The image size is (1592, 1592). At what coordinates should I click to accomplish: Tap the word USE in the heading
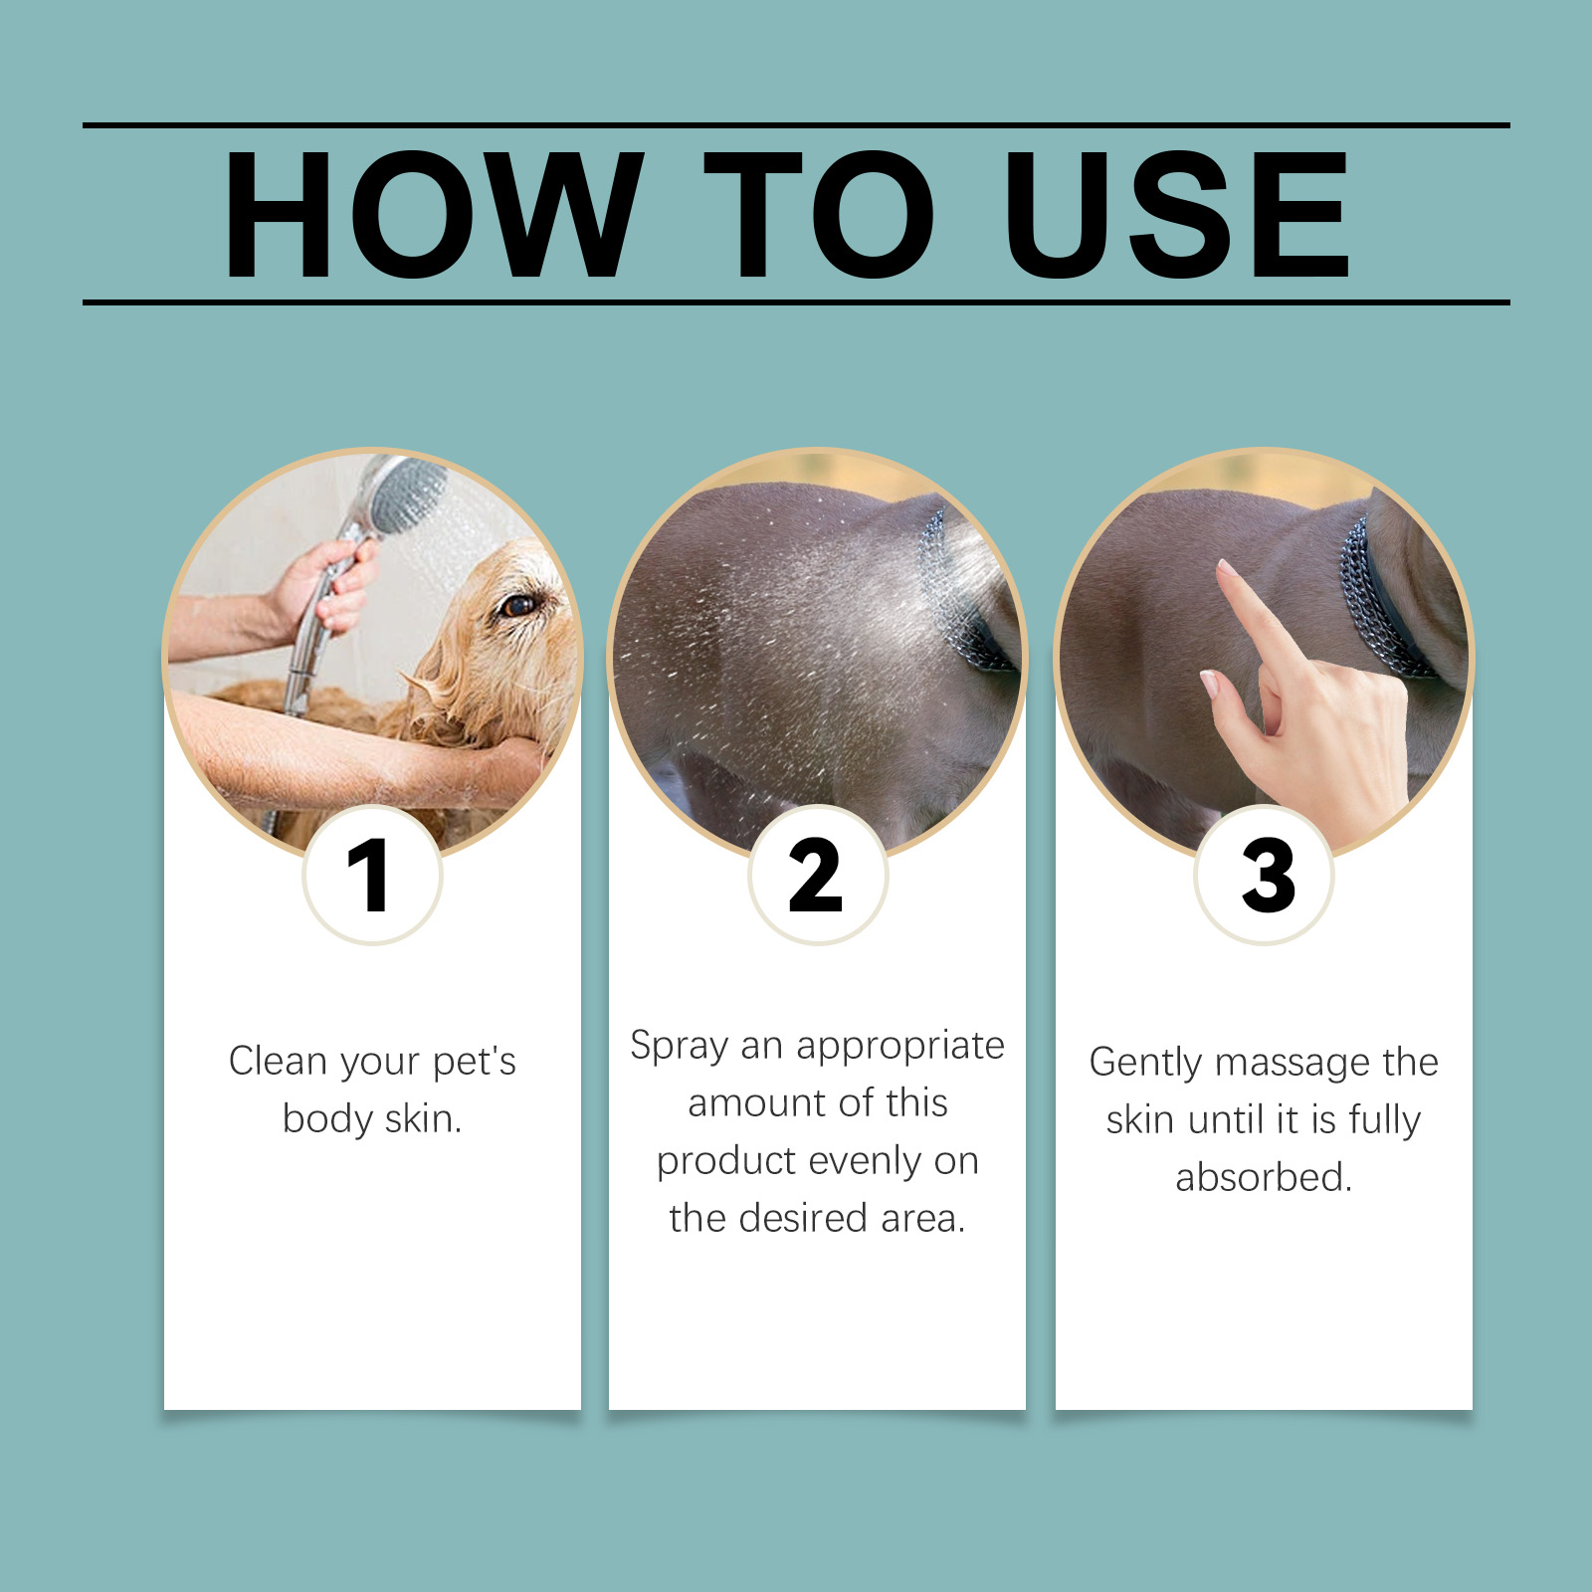(x=1177, y=214)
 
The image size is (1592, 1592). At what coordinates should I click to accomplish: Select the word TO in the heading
(x=819, y=214)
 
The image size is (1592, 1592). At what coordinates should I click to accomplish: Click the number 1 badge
(x=371, y=875)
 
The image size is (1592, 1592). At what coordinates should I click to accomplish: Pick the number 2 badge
(x=817, y=875)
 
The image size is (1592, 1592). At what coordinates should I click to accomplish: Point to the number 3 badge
(x=1264, y=875)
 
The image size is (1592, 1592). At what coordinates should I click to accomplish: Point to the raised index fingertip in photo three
(x=1226, y=568)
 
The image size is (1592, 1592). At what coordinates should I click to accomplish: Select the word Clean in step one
(x=278, y=1061)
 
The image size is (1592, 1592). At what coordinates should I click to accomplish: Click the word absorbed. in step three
(x=1264, y=1177)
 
